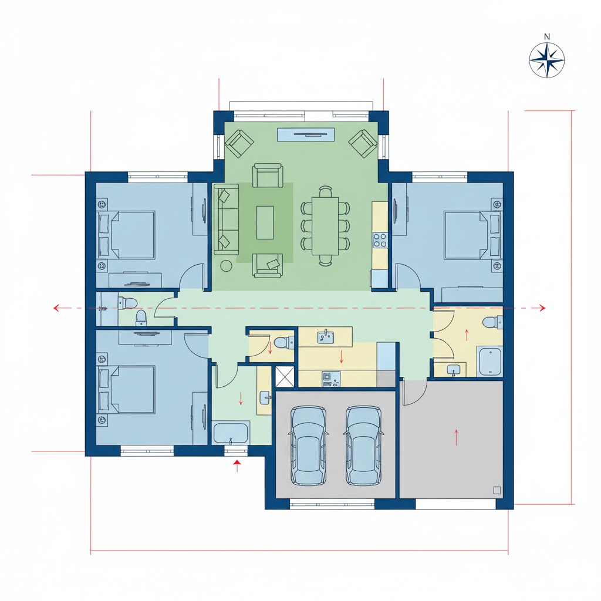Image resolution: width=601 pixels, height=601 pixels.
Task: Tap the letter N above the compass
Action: (547, 37)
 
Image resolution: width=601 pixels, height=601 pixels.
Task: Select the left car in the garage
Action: (309, 445)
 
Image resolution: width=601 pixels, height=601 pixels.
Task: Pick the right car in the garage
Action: (364, 445)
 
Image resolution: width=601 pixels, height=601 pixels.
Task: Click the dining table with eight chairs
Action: (325, 225)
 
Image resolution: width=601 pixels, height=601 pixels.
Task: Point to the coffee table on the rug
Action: (265, 222)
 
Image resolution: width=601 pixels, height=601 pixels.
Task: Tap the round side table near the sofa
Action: (227, 266)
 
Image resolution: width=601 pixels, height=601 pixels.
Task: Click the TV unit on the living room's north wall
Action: (306, 134)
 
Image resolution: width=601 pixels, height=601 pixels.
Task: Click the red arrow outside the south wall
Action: (237, 465)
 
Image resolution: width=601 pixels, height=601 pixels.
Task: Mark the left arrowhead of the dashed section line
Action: (57, 308)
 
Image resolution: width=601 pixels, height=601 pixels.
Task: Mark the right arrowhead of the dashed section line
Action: (542, 308)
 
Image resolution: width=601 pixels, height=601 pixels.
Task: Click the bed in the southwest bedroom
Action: (127, 390)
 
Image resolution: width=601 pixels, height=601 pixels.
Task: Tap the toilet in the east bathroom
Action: (492, 322)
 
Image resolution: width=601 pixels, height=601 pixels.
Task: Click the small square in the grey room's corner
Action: (497, 490)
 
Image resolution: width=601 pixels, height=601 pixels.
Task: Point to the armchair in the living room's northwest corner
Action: (239, 143)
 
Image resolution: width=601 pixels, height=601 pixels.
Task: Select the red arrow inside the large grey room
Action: (456, 437)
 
